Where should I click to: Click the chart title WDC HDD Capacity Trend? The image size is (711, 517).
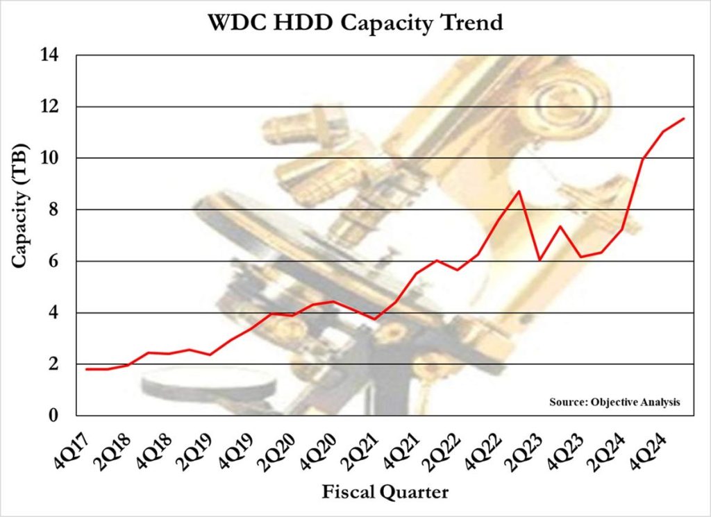tap(355, 22)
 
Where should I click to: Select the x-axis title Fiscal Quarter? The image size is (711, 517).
tap(385, 492)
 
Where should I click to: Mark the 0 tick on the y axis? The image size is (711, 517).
tap(57, 416)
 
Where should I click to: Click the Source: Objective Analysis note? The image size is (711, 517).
tap(614, 402)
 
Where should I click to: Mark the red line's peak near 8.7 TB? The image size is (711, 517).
tap(519, 191)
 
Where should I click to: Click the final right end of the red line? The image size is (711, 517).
tap(684, 119)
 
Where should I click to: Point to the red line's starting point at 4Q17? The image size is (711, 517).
tap(86, 369)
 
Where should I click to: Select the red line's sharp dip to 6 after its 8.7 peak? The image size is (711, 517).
tap(539, 260)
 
